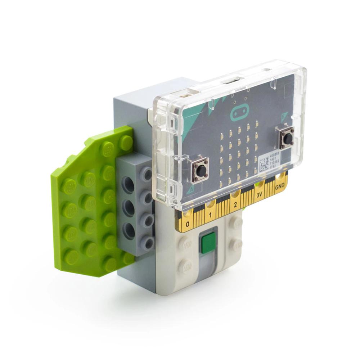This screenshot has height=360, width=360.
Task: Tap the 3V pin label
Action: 259,195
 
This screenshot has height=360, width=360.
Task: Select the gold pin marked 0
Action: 188,225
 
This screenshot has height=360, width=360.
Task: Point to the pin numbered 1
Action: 211,215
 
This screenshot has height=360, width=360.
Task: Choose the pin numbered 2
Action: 235,205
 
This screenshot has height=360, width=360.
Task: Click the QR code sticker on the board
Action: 264,163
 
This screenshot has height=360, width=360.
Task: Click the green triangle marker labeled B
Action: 284,116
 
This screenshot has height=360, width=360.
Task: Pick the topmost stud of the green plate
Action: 126,141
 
